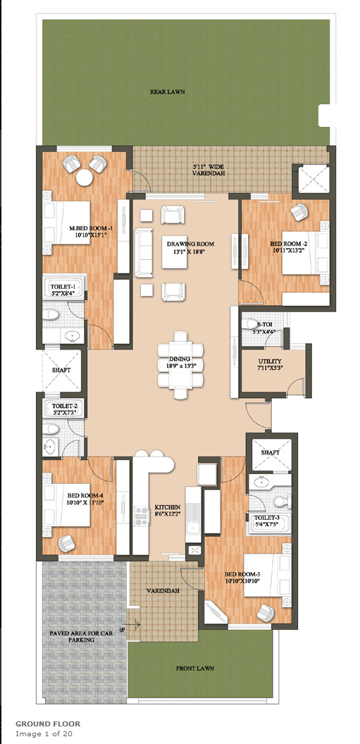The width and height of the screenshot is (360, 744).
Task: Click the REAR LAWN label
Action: [168, 92]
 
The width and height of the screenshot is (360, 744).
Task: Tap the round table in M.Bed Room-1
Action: [85, 178]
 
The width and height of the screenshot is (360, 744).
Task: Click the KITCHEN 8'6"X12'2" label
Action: [168, 510]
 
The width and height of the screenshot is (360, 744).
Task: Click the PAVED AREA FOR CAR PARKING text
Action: [73, 636]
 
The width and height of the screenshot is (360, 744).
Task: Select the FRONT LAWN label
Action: [195, 668]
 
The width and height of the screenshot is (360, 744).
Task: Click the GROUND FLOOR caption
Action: [48, 724]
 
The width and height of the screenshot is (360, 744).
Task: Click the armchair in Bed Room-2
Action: [299, 212]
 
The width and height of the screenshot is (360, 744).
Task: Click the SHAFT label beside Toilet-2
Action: [61, 370]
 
